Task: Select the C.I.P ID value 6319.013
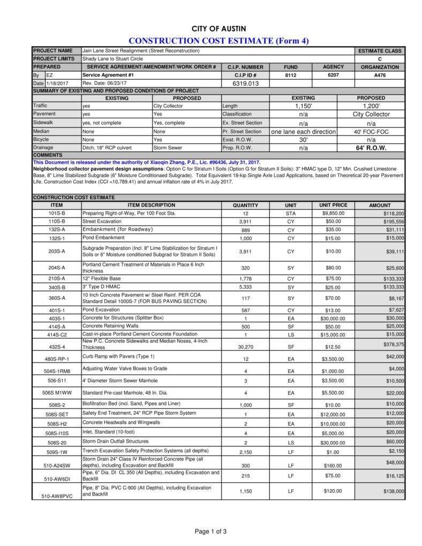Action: click(245, 84)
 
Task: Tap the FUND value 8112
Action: click(290, 75)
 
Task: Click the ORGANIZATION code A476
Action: click(380, 75)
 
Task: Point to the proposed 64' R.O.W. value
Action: click(371, 148)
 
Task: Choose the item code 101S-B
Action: click(56, 213)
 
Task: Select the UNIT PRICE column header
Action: click(333, 205)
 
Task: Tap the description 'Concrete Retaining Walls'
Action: click(110, 326)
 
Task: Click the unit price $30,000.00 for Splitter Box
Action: click(333, 318)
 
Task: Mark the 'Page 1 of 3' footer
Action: click(210, 532)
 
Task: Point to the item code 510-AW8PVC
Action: click(57, 497)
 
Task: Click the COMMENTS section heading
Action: click(48, 155)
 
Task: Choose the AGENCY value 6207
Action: click(333, 75)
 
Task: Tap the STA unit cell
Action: click(291, 213)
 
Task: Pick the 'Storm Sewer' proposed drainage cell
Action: click(168, 148)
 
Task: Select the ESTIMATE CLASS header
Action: click(380, 51)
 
